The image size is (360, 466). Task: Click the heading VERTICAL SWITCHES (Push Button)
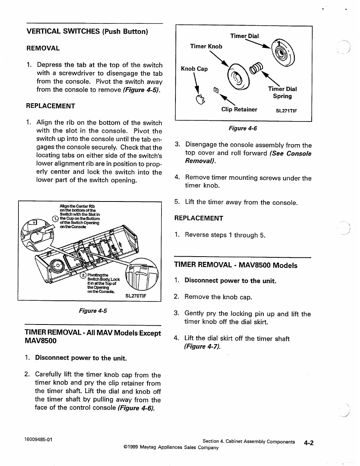[x=87, y=31]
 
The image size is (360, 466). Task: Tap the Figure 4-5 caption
[x=93, y=311]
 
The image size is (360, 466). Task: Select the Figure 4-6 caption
[x=243, y=128]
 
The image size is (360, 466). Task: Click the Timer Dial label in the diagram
[x=245, y=36]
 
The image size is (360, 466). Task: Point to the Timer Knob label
[x=206, y=46]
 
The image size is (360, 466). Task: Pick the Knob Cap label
[x=194, y=69]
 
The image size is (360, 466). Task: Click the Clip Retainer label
[x=239, y=109]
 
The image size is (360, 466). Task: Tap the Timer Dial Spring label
[x=282, y=92]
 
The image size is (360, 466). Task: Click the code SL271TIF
[x=286, y=111]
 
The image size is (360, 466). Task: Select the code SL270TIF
[x=135, y=296]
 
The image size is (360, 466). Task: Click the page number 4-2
[x=309, y=443]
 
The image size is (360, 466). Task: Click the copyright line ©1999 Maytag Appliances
[x=171, y=448]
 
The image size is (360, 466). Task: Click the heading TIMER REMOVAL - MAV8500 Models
[x=236, y=265]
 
